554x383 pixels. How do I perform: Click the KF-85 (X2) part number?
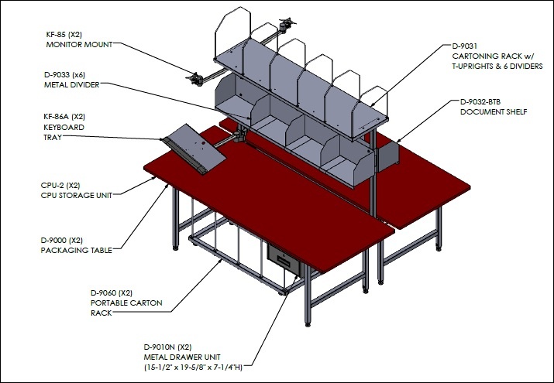(64, 35)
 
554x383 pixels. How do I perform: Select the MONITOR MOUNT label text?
(79, 44)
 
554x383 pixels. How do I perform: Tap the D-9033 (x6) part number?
(64, 75)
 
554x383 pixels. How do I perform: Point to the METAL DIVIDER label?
(72, 84)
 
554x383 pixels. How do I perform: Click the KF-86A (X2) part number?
(64, 117)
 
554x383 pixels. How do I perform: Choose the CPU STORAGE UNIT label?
(76, 195)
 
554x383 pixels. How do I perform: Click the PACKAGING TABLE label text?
(76, 250)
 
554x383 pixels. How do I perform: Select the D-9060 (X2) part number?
(112, 292)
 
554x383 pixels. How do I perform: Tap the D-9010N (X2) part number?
(168, 347)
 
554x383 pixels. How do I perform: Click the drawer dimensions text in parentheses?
(193, 367)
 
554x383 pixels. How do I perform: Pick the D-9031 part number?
(465, 46)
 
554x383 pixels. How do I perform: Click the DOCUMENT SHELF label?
(494, 111)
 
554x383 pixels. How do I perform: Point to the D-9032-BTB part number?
(480, 102)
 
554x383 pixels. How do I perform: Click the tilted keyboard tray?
(194, 149)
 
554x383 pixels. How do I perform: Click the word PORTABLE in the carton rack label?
(106, 303)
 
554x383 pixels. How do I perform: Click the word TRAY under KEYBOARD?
(53, 137)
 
